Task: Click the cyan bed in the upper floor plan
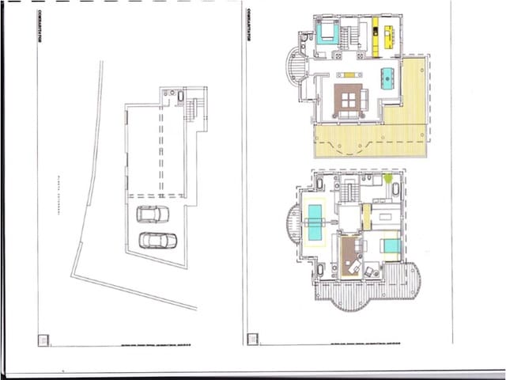click(x=327, y=33)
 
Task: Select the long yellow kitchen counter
click(x=376, y=36)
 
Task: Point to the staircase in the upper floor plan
click(x=349, y=36)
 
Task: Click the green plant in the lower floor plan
click(x=387, y=179)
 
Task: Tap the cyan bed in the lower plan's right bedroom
click(x=391, y=245)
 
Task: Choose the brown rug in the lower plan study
click(x=349, y=255)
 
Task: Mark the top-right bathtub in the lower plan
click(x=395, y=189)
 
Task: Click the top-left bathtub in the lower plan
click(x=319, y=184)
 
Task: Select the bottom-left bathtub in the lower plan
click(x=319, y=270)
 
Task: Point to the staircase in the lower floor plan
click(x=349, y=191)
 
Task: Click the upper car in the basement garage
click(x=152, y=214)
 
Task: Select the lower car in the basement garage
click(x=157, y=240)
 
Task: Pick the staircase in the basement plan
click(x=191, y=110)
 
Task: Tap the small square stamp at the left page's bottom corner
click(x=43, y=340)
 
